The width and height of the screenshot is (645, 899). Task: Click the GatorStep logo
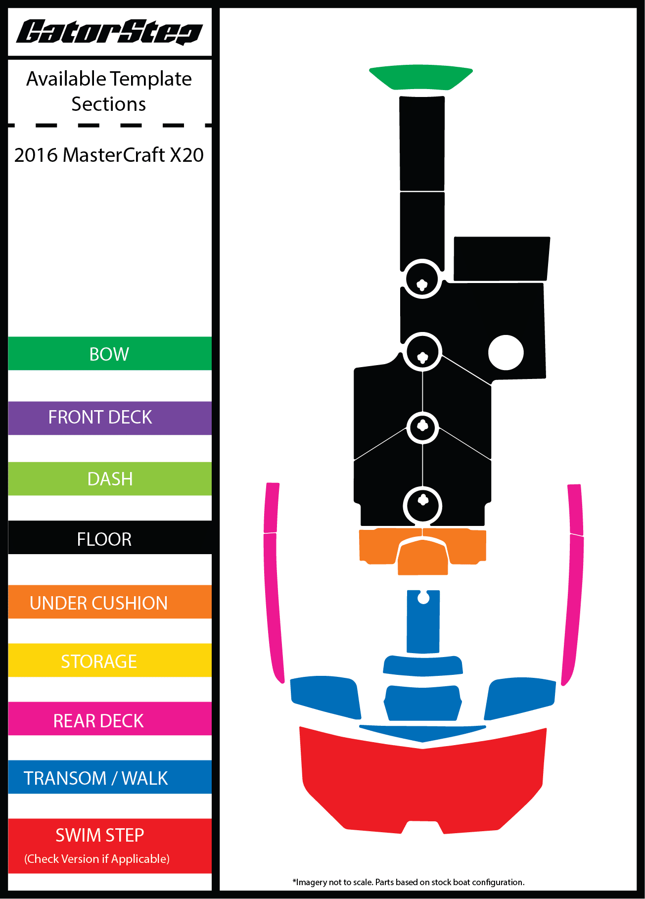click(109, 33)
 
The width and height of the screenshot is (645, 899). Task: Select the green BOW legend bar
click(109, 354)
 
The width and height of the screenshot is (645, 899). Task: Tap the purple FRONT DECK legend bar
click(109, 418)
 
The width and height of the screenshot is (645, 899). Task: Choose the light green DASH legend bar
click(109, 479)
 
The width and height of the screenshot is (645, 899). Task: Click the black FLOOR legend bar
click(109, 538)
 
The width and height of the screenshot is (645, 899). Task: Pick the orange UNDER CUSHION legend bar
click(109, 602)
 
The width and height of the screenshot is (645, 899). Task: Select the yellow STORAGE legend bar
click(109, 661)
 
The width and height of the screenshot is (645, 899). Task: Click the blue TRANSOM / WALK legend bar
click(109, 777)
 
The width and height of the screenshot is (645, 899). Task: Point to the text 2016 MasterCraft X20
click(109, 155)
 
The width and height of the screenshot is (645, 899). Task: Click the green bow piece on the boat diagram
click(421, 77)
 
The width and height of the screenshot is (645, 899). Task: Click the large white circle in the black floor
click(506, 353)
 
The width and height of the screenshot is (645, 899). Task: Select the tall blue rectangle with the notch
click(423, 626)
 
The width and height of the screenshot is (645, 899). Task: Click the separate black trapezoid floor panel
click(501, 259)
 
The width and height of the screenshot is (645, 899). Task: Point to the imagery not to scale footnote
click(409, 882)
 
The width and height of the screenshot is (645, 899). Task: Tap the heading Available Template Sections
click(109, 91)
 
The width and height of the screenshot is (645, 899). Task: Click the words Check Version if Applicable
click(97, 859)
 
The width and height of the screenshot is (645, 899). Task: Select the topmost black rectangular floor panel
click(422, 143)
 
